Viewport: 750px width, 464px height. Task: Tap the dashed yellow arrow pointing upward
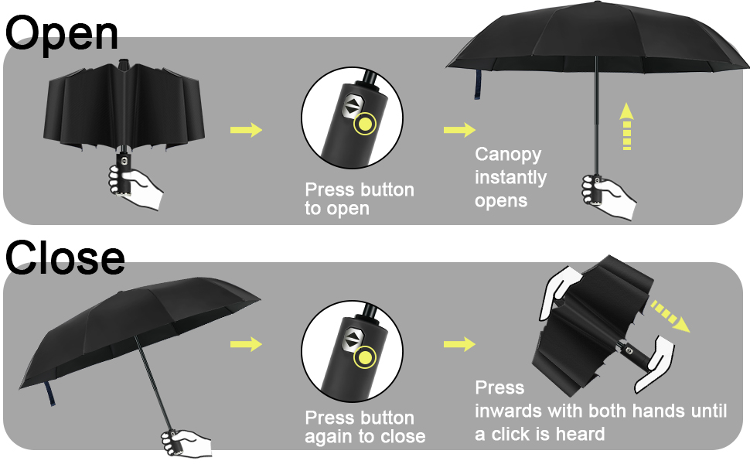627,128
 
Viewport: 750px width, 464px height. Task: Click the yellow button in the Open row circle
365,125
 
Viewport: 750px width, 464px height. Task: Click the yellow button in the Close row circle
363,358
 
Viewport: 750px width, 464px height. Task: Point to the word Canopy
508,155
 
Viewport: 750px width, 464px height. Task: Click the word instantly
510,178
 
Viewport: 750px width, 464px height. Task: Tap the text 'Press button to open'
360,199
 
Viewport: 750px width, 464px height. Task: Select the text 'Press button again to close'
365,427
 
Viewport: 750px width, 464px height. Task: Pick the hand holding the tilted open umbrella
186,443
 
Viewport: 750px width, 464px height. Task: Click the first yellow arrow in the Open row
246,129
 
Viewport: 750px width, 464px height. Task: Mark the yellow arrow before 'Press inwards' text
459,344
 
